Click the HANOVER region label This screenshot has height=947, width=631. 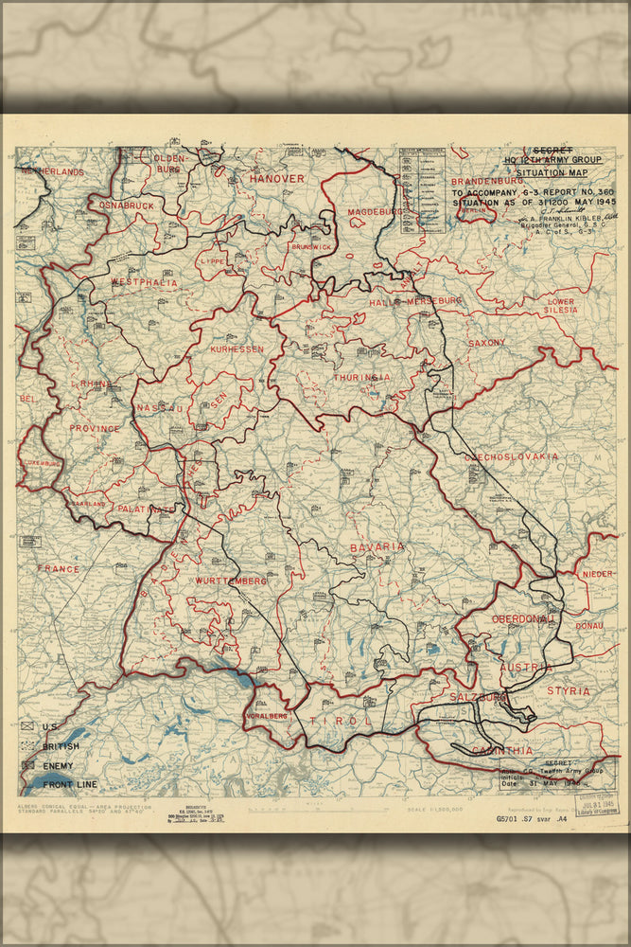click(276, 178)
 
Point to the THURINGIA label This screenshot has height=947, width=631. click(360, 377)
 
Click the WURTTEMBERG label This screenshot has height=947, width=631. click(231, 580)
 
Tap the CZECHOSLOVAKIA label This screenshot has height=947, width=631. click(511, 456)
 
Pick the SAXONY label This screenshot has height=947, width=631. click(486, 343)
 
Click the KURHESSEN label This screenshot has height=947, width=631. click(237, 348)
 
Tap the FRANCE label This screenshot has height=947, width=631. click(59, 568)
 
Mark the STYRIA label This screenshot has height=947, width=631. click(568, 691)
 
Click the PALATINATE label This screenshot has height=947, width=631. click(147, 509)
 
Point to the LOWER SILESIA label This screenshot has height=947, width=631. click(561, 306)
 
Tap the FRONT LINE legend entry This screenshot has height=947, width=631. click(68, 784)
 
